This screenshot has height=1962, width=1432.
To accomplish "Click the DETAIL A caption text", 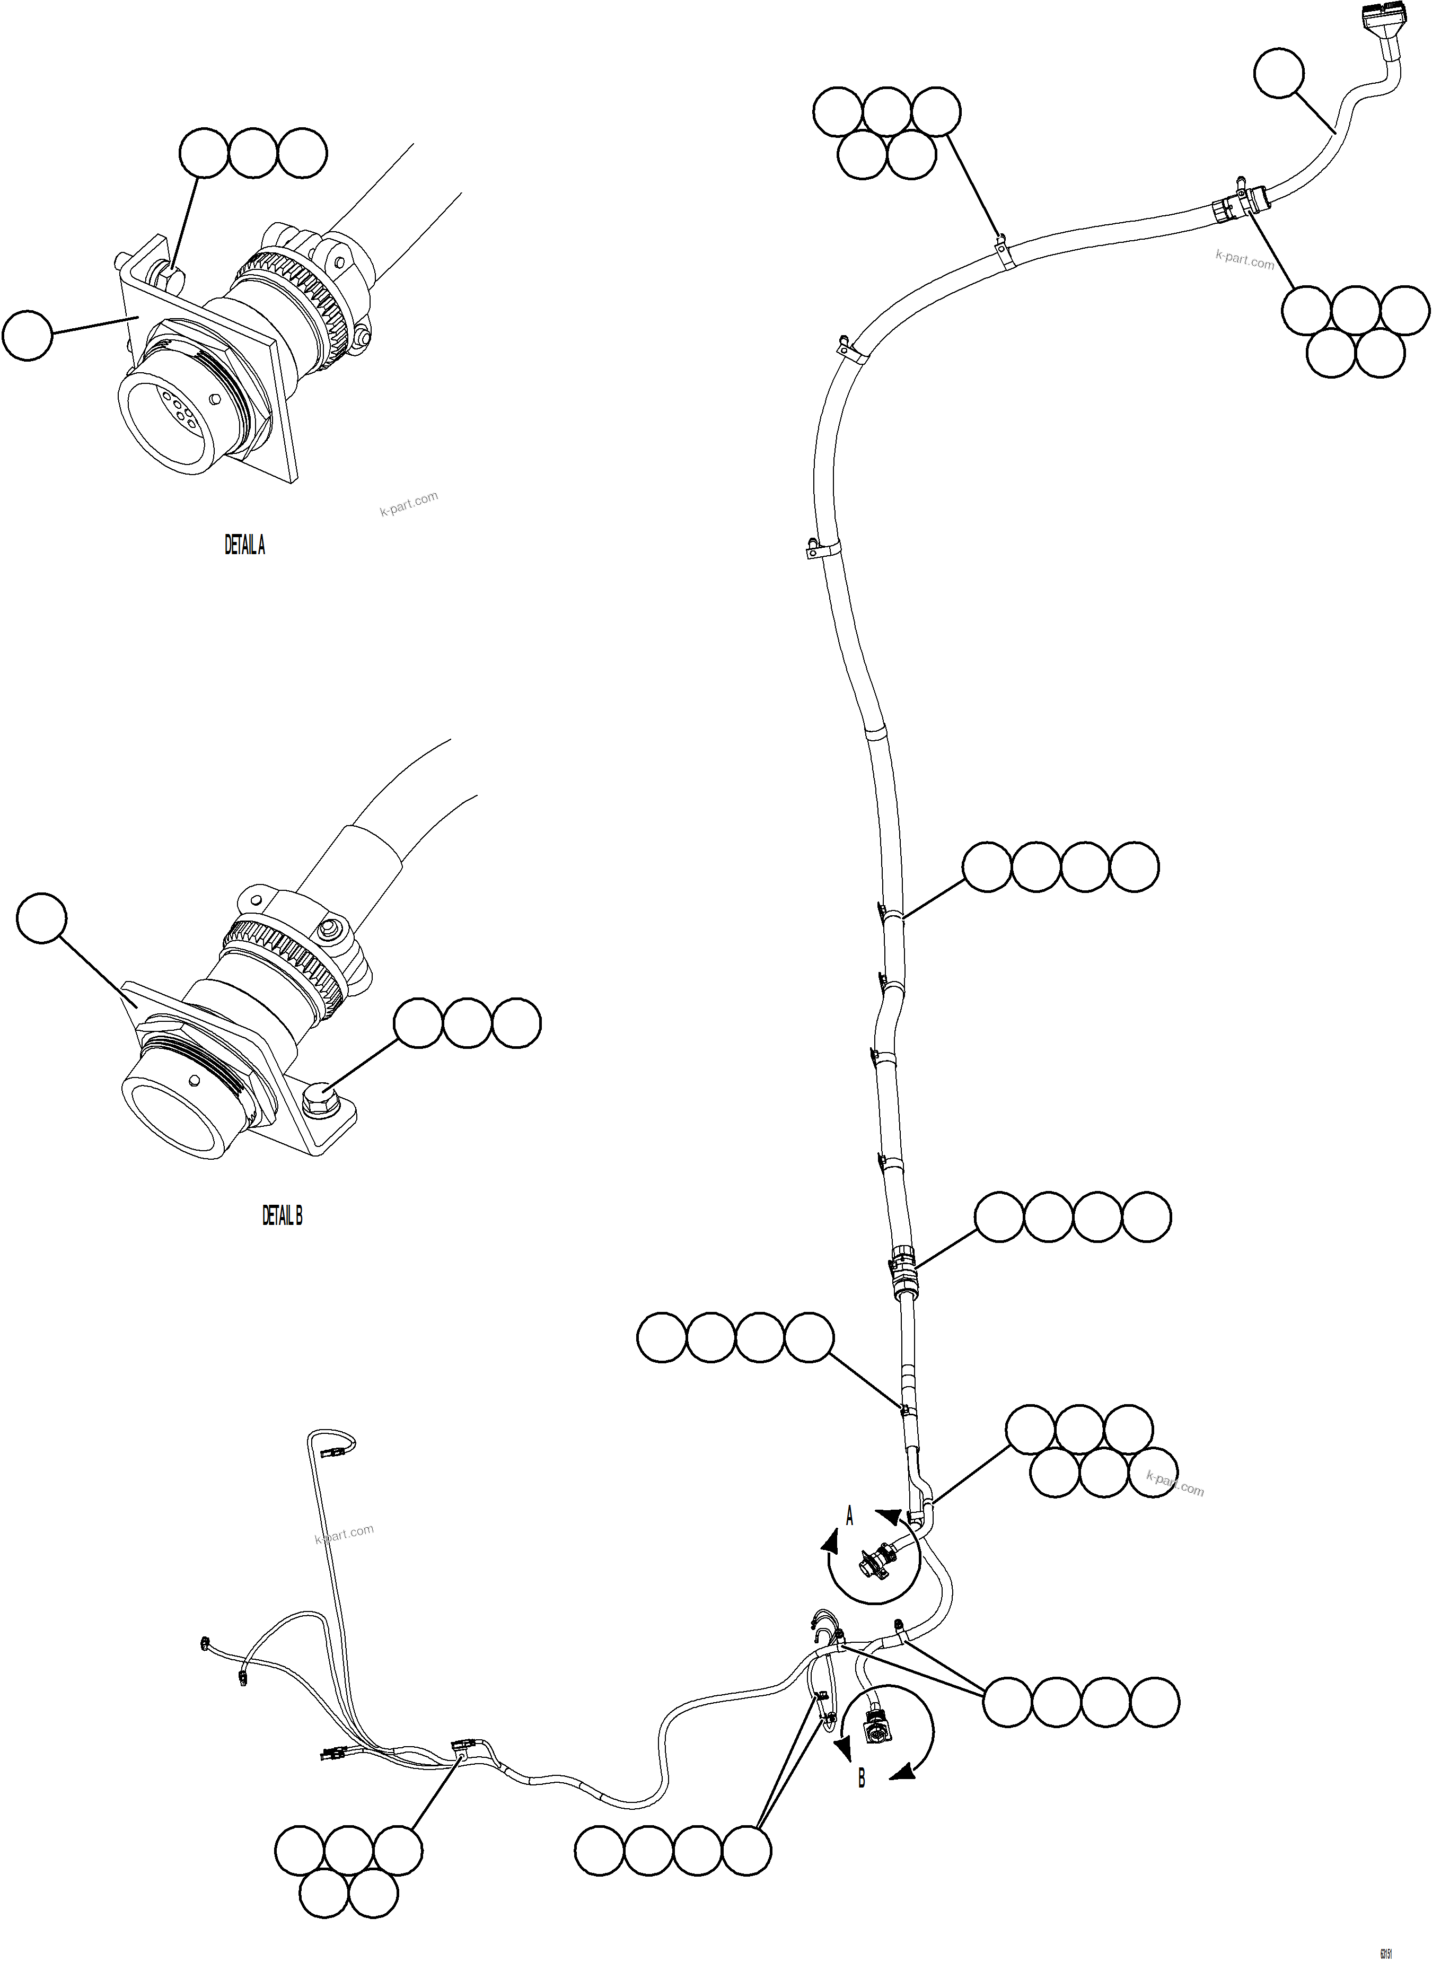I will click(x=244, y=545).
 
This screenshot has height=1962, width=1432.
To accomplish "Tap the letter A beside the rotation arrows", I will click(x=849, y=1517).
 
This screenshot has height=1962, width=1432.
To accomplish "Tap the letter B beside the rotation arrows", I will click(x=861, y=1778).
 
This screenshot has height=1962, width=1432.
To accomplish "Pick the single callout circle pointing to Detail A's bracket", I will click(x=28, y=336).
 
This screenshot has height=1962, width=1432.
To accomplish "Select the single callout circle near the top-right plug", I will click(x=1279, y=73).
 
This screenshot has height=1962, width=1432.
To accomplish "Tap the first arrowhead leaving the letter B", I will click(x=840, y=1748).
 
